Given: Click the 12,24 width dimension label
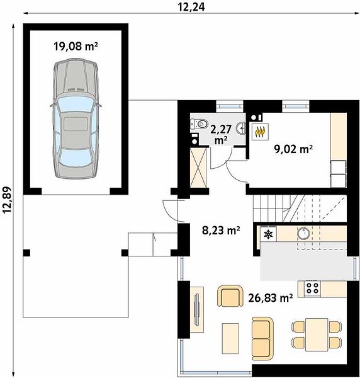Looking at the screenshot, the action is (191, 6).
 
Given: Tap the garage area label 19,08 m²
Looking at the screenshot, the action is (76, 46).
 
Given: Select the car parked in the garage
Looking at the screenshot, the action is (76, 118).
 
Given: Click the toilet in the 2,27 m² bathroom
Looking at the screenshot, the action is (199, 124).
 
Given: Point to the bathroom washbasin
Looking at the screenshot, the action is (242, 128).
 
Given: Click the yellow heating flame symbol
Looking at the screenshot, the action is (260, 132).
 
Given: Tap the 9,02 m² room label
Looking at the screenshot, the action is (293, 149).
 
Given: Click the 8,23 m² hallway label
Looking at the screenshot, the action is (221, 230).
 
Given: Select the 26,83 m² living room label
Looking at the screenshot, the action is (271, 298).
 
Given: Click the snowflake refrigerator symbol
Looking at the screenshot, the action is (268, 234).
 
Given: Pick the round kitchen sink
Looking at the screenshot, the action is (303, 233).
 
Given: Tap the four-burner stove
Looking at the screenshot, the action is (312, 288).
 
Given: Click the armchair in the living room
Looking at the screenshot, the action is (230, 296).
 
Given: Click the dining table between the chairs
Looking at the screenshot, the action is (317, 335).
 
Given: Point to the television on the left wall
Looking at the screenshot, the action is (197, 309).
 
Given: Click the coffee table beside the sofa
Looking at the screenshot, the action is (230, 338).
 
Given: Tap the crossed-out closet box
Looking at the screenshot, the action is (198, 168).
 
